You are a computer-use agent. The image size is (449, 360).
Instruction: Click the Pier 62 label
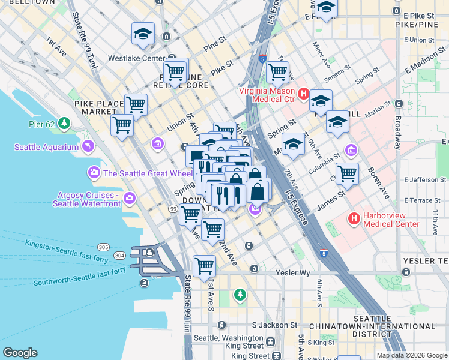pyautogui.click(x=44, y=124)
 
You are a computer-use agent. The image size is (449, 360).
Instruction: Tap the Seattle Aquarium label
pyautogui.click(x=46, y=147)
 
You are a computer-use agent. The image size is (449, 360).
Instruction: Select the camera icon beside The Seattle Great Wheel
pyautogui.click(x=94, y=173)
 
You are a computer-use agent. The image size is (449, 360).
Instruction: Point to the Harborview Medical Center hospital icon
pyautogui.click(x=355, y=219)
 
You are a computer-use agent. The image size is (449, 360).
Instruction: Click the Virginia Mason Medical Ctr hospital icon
pyautogui.click(x=303, y=95)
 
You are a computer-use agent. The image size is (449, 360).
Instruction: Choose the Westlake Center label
pyautogui.click(x=136, y=59)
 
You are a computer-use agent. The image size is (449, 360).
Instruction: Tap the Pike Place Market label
pyautogui.click(x=99, y=107)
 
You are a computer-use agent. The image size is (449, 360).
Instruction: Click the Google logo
pyautogui.click(x=20, y=353)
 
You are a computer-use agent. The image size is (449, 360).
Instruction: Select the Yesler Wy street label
pyautogui.click(x=291, y=272)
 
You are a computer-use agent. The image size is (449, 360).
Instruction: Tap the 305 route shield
pyautogui.click(x=103, y=247)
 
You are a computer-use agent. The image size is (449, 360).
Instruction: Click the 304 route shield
pyautogui.click(x=119, y=255)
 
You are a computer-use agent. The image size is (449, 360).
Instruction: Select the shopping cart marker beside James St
pyautogui.click(x=347, y=175)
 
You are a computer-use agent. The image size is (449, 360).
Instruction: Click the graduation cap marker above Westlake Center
pyautogui.click(x=143, y=35)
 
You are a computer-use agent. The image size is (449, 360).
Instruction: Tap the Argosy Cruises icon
pyautogui.click(x=130, y=198)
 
